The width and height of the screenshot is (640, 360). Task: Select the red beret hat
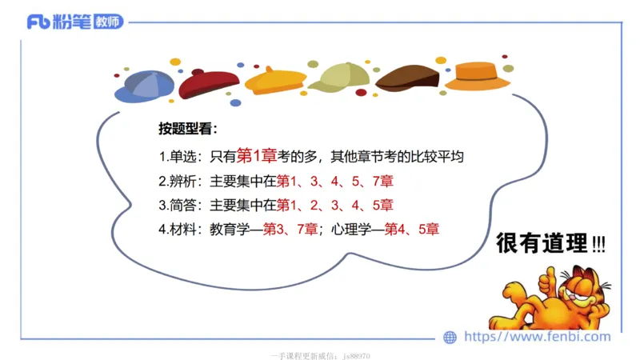[209, 82]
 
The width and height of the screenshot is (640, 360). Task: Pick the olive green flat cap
[340, 77]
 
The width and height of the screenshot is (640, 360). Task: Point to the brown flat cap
[407, 77]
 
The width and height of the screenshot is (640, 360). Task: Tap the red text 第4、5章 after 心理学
[412, 230]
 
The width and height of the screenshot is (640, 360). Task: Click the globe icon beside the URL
[450, 337]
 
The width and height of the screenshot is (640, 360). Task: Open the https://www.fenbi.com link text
[537, 337]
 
